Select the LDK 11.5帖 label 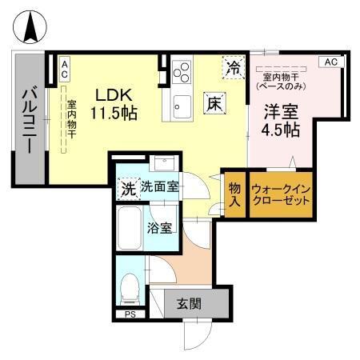pos(112,102)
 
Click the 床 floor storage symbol pos(214,102)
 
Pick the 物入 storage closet pos(234,195)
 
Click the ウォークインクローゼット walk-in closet pos(280,195)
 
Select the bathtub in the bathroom pos(129,230)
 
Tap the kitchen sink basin pos(180,105)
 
